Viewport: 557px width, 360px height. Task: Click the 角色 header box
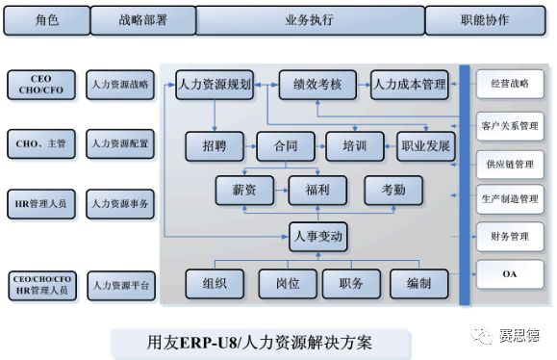click(47, 20)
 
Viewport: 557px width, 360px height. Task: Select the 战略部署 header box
click(143, 20)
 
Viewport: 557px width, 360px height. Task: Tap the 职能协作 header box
click(485, 20)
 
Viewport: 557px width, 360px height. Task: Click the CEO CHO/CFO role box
click(41, 85)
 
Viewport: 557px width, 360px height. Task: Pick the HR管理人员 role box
click(41, 204)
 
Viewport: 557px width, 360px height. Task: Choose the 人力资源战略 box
click(120, 85)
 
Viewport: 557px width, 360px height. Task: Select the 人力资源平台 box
click(121, 286)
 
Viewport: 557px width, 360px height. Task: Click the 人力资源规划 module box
click(215, 85)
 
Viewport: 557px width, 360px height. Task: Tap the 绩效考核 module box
click(317, 85)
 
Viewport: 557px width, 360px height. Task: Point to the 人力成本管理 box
click(410, 85)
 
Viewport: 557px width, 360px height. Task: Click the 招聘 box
click(215, 146)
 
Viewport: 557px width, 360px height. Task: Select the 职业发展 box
click(426, 146)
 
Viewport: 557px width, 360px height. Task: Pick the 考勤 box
click(393, 191)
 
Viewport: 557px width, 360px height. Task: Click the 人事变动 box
click(318, 237)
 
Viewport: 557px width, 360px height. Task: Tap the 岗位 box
click(288, 284)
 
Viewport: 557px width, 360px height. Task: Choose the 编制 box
click(419, 284)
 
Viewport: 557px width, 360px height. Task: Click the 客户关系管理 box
click(510, 126)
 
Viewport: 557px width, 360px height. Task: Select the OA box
click(510, 274)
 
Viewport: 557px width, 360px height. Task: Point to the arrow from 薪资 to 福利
click(281, 191)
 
